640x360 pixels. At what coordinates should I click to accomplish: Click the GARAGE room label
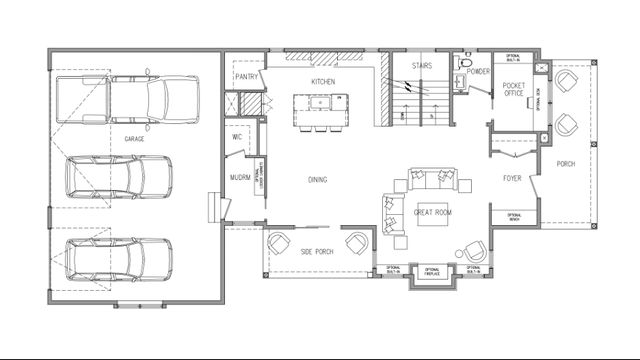tap(134, 139)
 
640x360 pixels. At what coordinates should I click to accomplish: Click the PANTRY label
tap(247, 77)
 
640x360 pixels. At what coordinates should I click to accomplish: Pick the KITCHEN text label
tap(323, 81)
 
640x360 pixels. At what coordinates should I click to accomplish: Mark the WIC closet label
tap(239, 136)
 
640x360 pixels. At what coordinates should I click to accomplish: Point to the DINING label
tap(318, 180)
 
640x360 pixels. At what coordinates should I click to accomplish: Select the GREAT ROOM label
tap(434, 212)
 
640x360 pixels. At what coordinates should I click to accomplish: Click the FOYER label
tap(513, 180)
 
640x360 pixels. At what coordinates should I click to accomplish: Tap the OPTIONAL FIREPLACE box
tap(433, 271)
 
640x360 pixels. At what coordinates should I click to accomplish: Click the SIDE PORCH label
tap(318, 251)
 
